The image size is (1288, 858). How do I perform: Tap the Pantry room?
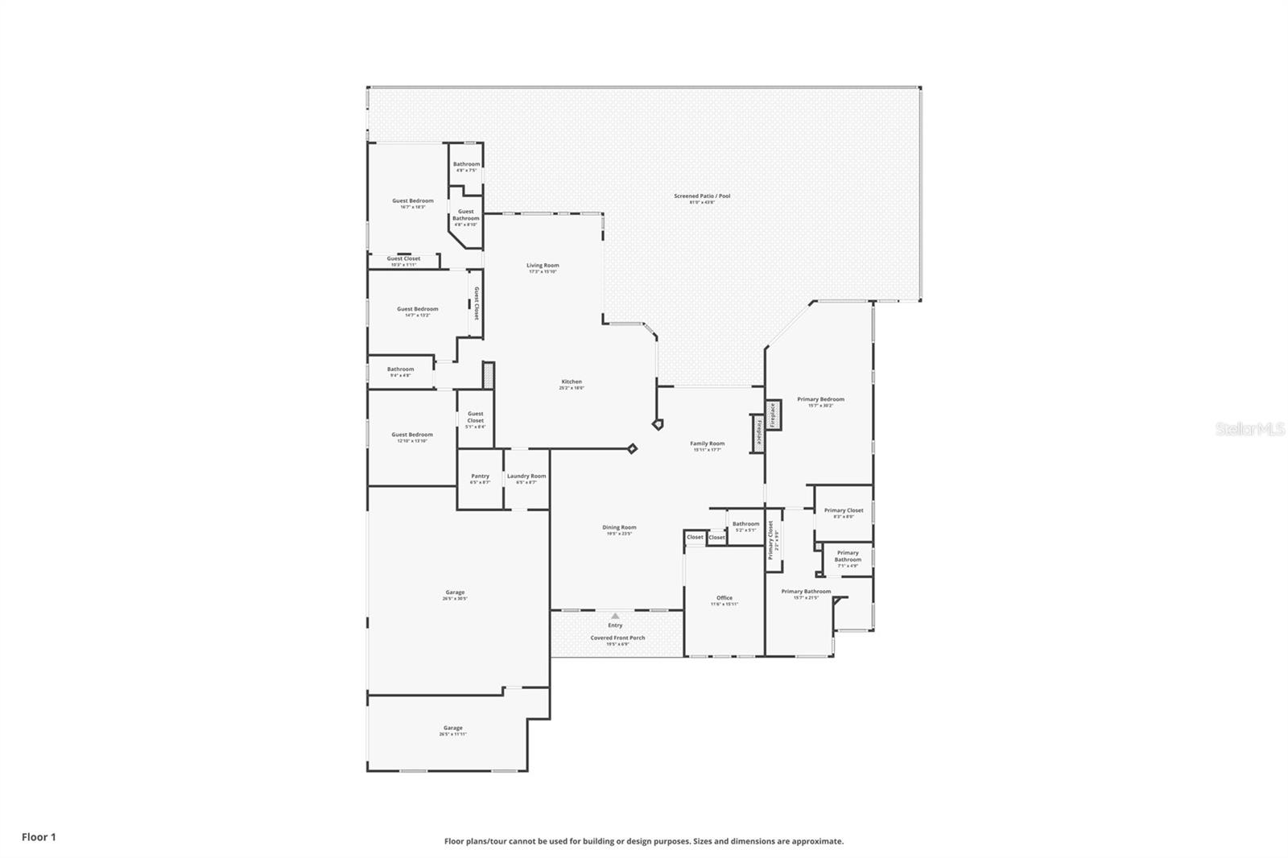(480, 478)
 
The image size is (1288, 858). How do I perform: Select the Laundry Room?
(526, 478)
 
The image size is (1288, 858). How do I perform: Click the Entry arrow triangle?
(615, 616)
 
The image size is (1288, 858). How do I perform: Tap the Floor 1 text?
(39, 837)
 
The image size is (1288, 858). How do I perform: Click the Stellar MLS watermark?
(1250, 430)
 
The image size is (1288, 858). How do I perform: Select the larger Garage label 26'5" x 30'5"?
(455, 595)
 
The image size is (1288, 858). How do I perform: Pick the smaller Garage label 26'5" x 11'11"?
(453, 730)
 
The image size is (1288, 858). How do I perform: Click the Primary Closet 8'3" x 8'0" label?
(844, 513)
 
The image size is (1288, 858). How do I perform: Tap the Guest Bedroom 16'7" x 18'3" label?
(413, 203)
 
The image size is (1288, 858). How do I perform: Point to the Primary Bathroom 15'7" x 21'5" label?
(806, 593)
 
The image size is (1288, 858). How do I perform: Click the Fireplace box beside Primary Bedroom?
(773, 415)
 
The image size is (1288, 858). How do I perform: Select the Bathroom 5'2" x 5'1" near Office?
(745, 526)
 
